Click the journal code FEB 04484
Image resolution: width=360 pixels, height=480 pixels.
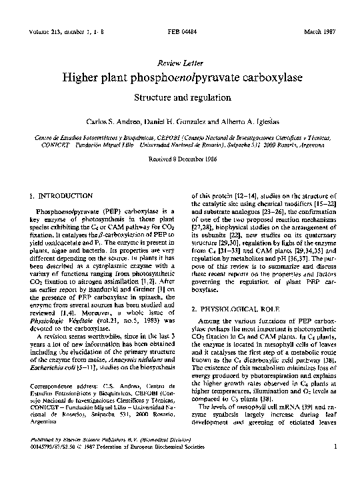[180, 32]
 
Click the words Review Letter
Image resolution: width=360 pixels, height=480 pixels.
[179, 62]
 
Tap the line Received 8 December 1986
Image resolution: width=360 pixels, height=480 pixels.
[179, 159]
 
